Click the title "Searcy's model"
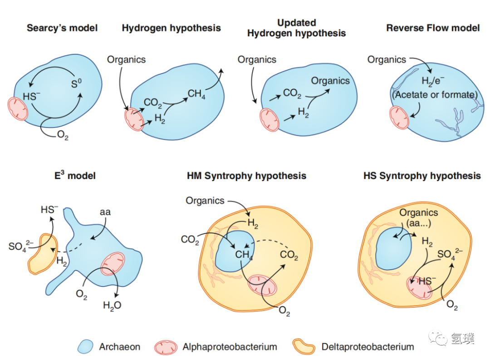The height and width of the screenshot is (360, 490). (62, 28)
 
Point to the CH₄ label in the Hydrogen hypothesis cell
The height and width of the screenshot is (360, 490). (196, 94)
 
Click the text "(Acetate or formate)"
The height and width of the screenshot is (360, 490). (435, 95)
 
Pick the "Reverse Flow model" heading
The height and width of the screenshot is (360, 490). (432, 28)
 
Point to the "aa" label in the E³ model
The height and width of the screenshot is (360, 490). (105, 212)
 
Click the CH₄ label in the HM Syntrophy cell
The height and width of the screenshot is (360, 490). (244, 255)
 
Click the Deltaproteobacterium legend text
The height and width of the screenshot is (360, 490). (367, 347)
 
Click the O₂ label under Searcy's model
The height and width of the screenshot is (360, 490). (63, 135)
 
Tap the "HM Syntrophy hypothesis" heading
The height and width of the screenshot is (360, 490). (246, 176)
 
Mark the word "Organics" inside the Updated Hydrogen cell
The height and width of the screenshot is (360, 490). (330, 81)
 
